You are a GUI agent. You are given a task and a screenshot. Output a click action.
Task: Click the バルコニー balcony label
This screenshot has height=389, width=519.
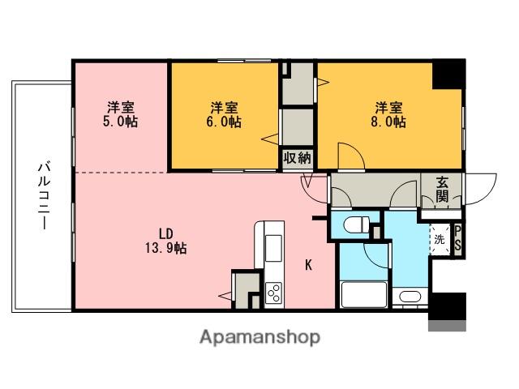pos(44,195)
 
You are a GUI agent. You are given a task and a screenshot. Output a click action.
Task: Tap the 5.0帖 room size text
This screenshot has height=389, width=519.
pos(121,122)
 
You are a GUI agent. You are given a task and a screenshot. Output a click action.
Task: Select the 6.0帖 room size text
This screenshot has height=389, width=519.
pos(224,122)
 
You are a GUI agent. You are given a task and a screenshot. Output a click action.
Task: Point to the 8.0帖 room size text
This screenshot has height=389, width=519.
pos(388,122)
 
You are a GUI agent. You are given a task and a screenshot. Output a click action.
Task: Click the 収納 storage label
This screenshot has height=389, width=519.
pos(298,158)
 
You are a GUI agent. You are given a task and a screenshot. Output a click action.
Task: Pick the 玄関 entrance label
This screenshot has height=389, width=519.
pos(442,190)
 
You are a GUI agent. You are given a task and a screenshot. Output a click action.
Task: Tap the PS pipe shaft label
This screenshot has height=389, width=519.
pos(457,238)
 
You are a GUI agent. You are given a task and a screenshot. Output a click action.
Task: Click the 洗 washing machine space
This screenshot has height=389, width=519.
pos(440,239)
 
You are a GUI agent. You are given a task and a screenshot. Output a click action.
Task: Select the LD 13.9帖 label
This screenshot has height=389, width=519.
pos(165,241)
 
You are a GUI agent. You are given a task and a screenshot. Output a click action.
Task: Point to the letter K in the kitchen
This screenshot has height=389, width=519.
pos(308,265)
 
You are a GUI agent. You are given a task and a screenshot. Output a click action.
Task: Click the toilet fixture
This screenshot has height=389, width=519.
pos(356,225)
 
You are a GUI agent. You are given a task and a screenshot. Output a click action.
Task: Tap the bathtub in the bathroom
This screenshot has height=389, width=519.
pos(363,294)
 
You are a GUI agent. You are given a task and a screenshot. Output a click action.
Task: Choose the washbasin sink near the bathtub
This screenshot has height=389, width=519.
pos(410,296)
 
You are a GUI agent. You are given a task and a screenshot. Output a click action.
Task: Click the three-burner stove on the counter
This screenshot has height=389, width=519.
pos(274,293)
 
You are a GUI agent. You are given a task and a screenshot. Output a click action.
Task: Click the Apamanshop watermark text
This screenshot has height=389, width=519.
pos(259,337)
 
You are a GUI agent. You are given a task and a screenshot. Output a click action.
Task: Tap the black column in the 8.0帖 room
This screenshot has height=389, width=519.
pos(448,75)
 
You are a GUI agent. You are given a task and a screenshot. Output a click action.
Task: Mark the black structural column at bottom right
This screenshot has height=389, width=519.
pos(447,306)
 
